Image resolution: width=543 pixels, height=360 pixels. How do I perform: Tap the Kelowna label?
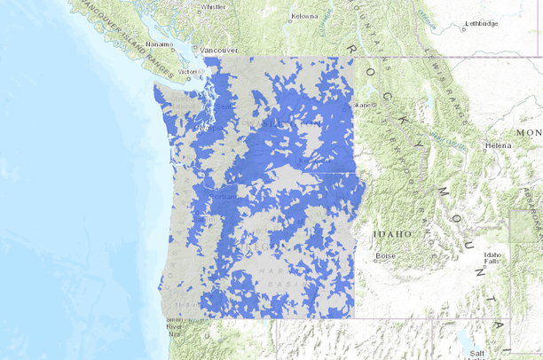304,16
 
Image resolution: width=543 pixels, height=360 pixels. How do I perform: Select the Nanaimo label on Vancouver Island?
160,43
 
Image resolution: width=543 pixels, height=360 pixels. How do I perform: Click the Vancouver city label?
218,51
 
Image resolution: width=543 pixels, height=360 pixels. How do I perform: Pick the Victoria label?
188,71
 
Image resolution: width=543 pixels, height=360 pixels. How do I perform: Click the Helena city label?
498,145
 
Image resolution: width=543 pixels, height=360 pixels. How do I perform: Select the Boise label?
385,255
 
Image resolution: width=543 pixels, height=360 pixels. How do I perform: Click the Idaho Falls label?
492,258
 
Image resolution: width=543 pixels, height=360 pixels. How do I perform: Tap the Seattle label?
224,107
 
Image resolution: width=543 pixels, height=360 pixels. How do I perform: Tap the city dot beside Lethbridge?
462,28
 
